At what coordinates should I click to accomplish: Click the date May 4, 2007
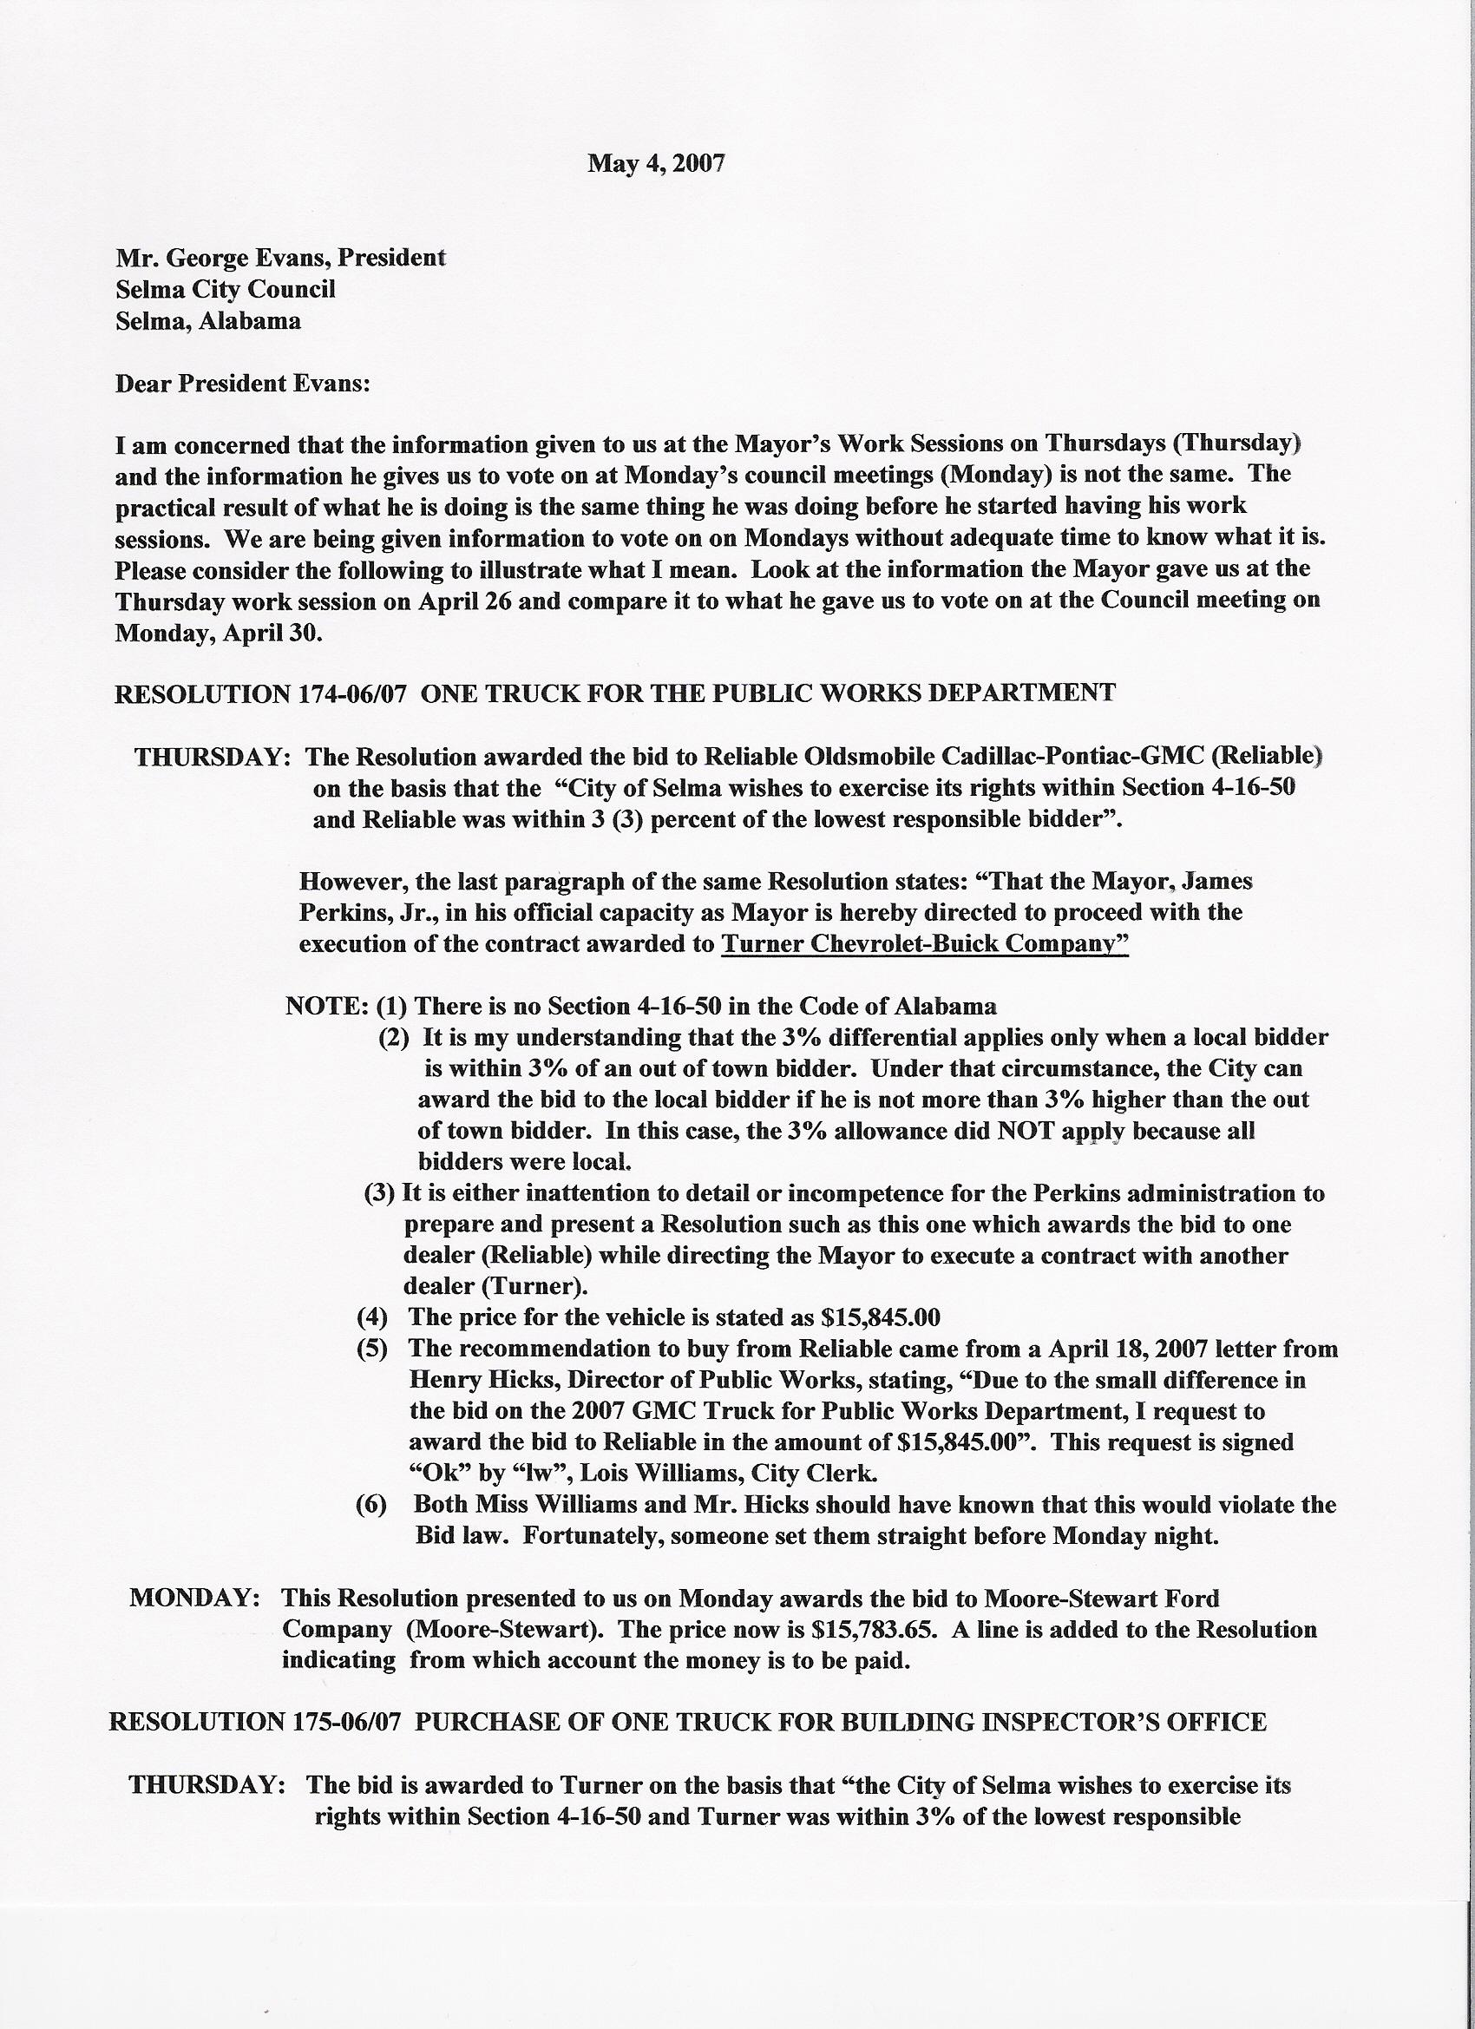coord(656,163)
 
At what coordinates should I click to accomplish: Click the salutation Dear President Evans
coord(242,384)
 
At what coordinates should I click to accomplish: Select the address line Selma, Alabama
coord(208,321)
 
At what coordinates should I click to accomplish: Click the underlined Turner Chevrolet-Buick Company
coord(924,944)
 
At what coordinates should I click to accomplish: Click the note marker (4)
coord(371,1317)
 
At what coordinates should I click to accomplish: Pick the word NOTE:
coord(326,1007)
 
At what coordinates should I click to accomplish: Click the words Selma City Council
coord(226,289)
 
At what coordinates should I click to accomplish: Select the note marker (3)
coord(379,1192)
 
